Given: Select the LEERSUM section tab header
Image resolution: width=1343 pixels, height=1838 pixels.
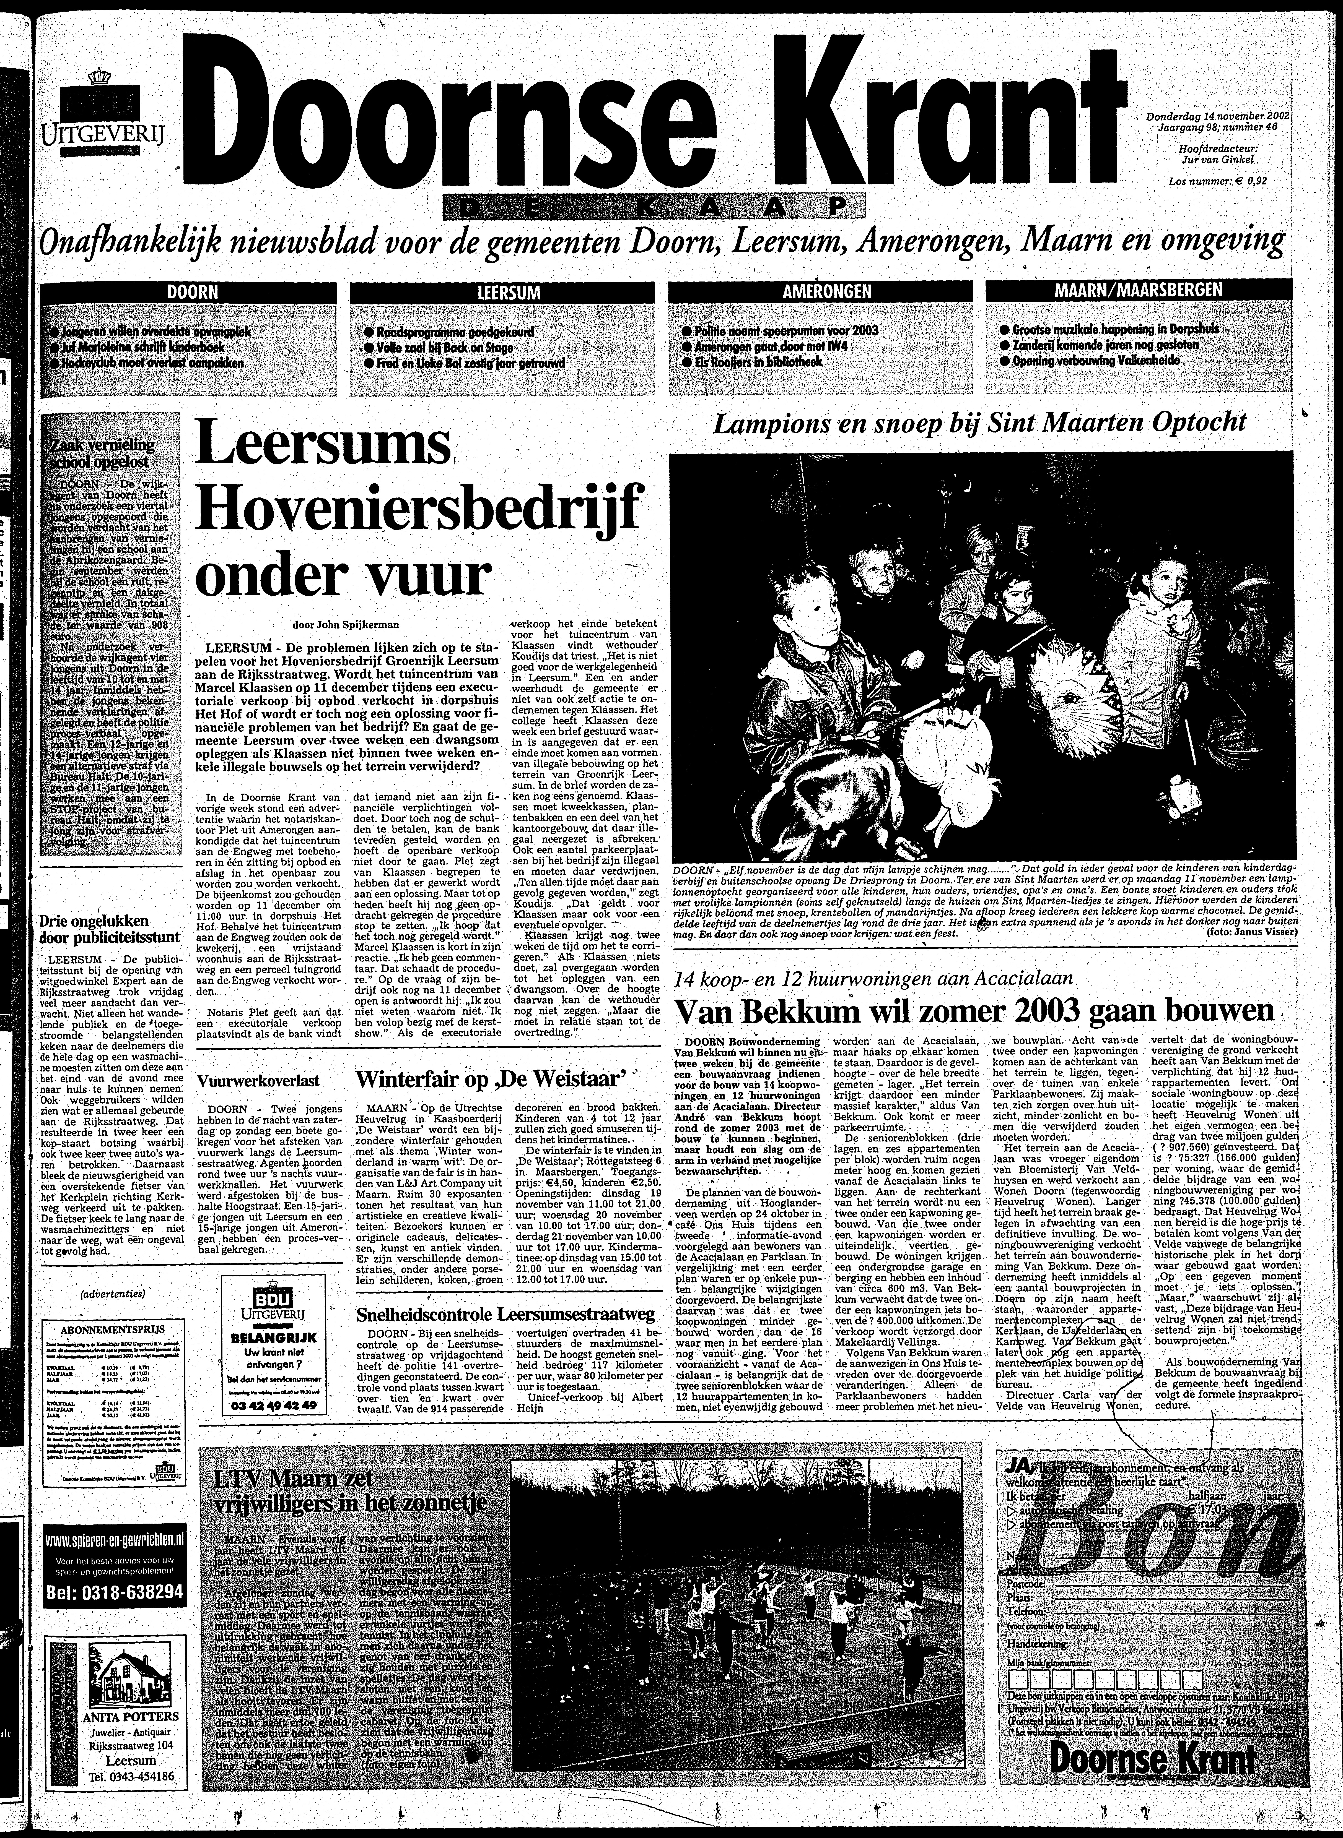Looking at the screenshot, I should coord(509,292).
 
